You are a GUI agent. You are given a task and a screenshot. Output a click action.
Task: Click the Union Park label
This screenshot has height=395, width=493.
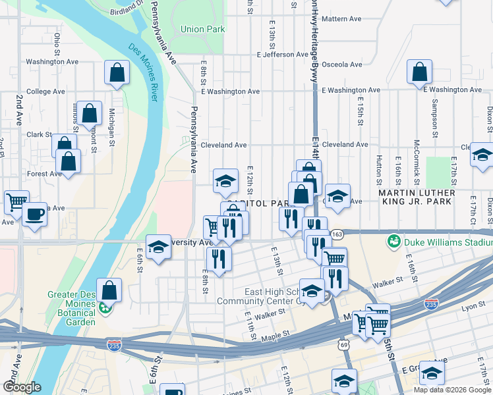[x=202, y=29]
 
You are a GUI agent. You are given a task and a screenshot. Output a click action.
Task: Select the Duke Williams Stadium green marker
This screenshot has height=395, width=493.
[x=394, y=242]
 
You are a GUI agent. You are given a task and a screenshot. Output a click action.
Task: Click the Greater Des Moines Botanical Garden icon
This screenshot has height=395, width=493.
[x=103, y=307]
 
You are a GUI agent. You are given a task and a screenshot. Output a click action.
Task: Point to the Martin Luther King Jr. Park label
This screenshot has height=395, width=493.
[x=417, y=197]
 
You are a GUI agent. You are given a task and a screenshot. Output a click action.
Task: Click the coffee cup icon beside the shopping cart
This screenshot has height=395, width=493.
[x=34, y=213]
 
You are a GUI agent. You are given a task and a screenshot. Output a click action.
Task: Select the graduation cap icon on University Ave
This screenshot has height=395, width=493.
[x=158, y=247]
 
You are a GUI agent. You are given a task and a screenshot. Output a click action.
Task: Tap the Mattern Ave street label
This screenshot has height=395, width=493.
[x=342, y=19]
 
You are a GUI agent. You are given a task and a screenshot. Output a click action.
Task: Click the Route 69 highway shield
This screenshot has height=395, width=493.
[x=344, y=344]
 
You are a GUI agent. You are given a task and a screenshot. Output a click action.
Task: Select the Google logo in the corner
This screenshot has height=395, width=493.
[x=22, y=386]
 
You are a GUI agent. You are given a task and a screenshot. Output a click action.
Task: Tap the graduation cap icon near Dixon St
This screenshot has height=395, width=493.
[x=482, y=155]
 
